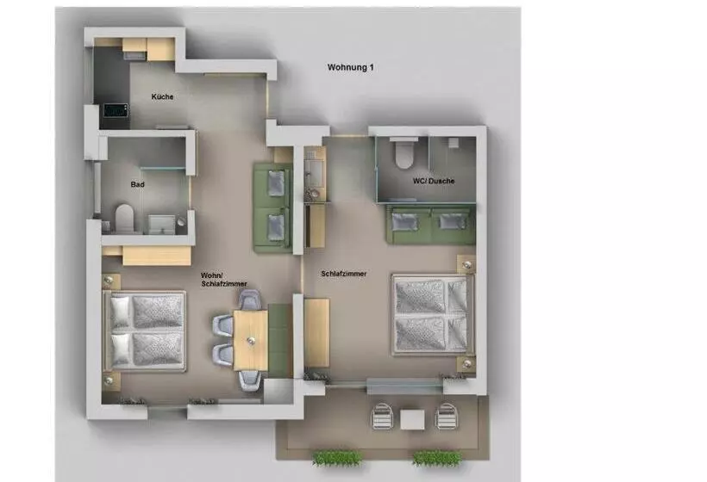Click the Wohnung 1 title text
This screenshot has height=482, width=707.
[350, 67]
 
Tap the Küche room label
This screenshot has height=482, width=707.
[162, 96]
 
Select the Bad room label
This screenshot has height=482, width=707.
[138, 184]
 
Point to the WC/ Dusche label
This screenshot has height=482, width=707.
[434, 181]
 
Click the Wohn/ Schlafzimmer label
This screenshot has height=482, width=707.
[223, 280]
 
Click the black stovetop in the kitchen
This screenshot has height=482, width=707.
[116, 110]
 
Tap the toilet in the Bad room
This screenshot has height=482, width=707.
[125, 219]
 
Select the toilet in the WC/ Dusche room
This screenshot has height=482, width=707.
[404, 154]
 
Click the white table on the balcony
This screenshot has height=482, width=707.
[412, 419]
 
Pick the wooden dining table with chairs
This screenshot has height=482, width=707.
[251, 340]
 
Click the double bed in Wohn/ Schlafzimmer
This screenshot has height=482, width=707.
[144, 331]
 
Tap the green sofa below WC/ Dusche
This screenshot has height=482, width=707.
[431, 224]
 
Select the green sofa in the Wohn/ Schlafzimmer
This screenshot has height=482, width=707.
[272, 207]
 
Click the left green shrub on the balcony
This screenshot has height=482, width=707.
[337, 458]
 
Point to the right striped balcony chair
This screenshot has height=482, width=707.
[447, 417]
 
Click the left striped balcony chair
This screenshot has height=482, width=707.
[382, 417]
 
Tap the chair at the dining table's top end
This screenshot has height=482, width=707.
[250, 300]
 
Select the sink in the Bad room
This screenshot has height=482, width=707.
[161, 224]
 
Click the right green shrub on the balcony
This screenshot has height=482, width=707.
[436, 458]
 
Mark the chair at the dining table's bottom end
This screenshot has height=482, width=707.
[249, 380]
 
